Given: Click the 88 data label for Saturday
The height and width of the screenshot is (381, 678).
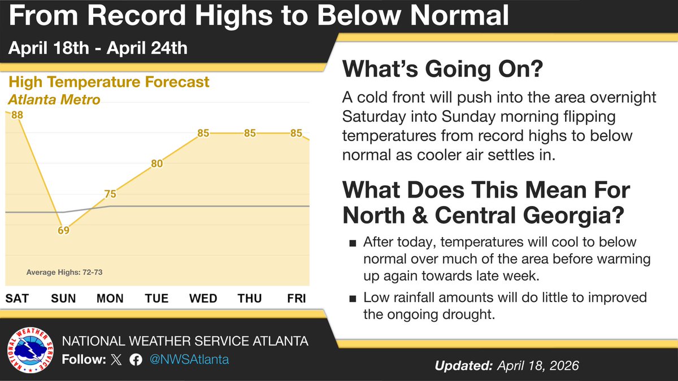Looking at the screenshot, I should tap(16, 115).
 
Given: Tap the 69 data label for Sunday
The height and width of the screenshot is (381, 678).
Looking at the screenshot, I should tap(63, 230).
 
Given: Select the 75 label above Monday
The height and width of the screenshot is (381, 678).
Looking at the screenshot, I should tap(110, 194).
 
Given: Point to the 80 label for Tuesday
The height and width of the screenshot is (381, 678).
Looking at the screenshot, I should tap(157, 164).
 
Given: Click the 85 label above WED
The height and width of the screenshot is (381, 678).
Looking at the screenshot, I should tap(204, 134).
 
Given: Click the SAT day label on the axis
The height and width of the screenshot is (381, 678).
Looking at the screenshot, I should tap(17, 298).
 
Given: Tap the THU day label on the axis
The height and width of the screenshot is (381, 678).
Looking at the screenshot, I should tap(249, 298).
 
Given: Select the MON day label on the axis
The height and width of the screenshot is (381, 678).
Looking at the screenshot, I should tap(110, 298).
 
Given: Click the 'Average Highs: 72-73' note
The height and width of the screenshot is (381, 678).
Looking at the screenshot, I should tap(64, 273).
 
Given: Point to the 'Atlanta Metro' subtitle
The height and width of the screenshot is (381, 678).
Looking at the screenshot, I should tap(54, 100).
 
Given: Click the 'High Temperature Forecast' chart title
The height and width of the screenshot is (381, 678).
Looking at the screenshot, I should tap(108, 82).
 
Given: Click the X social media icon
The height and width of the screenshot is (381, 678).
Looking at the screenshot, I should tap(116, 360).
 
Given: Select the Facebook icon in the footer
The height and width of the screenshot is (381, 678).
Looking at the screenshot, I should tap(136, 360).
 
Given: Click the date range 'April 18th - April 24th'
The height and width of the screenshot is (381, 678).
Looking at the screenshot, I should tap(97, 48).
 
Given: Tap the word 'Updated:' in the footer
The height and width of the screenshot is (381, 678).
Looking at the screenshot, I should tap(463, 366).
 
